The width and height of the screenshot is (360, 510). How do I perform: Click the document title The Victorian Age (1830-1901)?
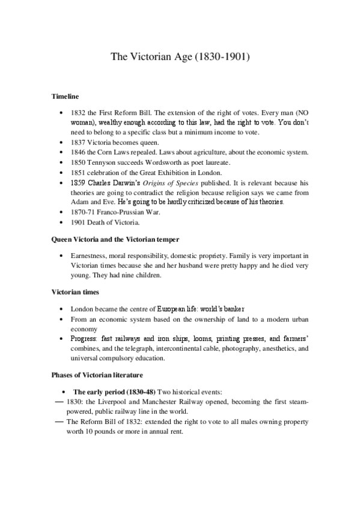coord(180,58)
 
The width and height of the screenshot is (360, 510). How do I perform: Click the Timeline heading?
coord(64,96)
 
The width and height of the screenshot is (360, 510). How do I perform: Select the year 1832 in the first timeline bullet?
coord(78,112)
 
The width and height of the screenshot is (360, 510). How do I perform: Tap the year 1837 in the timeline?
coord(78,143)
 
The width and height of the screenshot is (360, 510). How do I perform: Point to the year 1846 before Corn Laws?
coord(78,153)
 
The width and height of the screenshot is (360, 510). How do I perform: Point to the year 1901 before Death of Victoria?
coord(78,224)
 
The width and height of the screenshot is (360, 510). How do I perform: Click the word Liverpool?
coord(112,402)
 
